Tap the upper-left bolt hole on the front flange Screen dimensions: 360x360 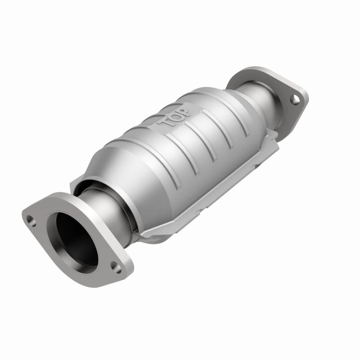pyautogui.click(x=30, y=220)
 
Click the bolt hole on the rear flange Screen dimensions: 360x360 pyautogui.click(x=294, y=99)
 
